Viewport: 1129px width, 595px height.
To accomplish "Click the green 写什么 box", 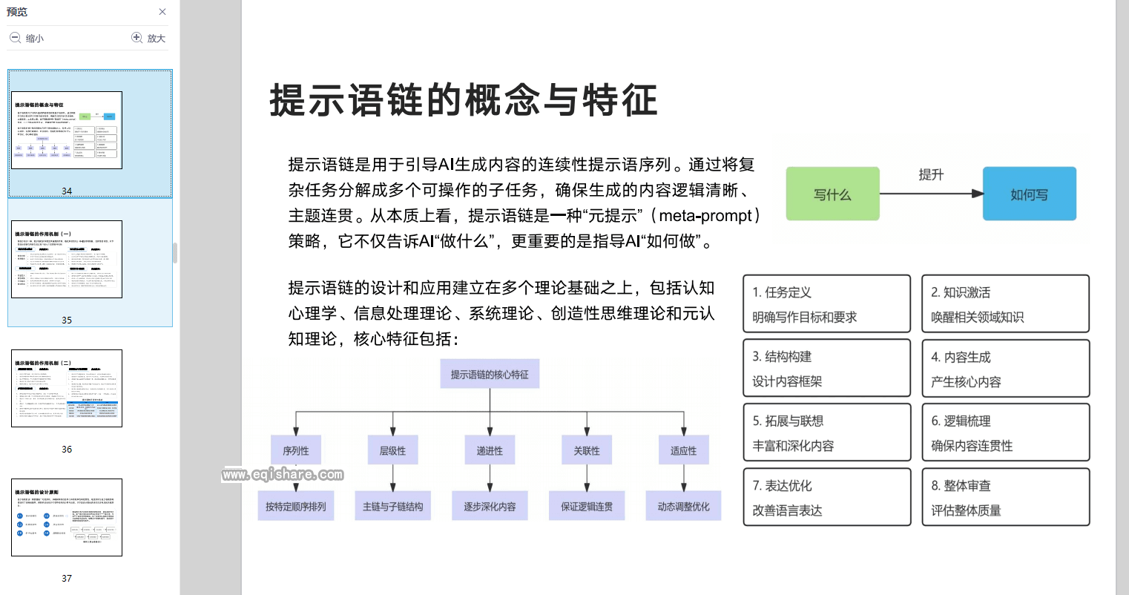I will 832,194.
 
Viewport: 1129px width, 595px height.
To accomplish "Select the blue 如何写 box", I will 1029,194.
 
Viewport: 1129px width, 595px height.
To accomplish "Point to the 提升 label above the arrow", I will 931,175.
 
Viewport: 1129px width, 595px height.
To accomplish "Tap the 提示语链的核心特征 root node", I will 490,375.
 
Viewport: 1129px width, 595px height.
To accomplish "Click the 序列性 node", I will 296,450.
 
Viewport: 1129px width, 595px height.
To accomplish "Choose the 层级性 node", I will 392,450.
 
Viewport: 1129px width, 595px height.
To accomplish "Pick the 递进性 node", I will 490,450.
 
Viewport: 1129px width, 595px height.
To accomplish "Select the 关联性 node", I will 587,450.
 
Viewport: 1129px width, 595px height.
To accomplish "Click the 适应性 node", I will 683,450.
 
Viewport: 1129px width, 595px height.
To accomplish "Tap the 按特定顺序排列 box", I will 296,506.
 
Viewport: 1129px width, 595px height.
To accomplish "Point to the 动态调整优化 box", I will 683,506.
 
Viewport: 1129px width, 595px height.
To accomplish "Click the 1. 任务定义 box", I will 826,304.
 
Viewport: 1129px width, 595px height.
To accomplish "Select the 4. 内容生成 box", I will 1005,369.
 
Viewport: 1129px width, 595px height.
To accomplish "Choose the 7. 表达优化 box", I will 826,497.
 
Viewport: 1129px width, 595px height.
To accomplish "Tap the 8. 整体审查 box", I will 1005,497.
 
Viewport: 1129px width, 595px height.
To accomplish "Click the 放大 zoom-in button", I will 148,38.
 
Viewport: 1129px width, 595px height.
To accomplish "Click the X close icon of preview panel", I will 162,12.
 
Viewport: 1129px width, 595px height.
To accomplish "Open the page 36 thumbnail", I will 67,389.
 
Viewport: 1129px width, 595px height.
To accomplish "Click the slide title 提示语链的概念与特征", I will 464,100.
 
